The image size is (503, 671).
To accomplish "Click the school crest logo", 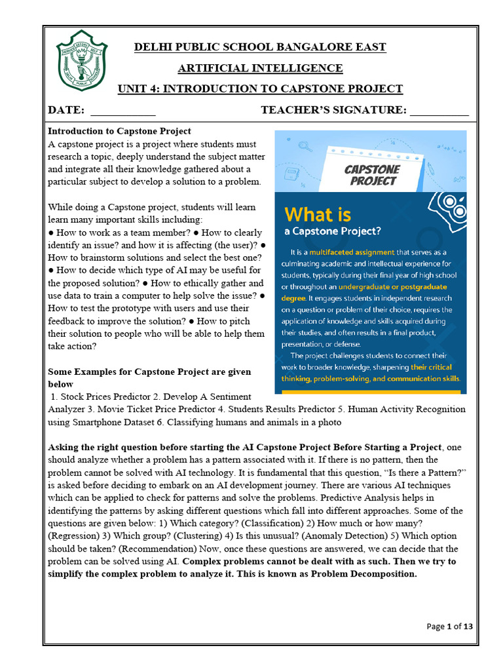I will point(82,60).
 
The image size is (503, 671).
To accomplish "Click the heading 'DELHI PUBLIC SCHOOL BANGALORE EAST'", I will point(260,47).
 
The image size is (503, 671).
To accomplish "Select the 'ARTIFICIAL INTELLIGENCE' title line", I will point(260,68).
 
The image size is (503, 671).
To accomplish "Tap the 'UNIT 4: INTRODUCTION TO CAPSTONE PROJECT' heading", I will point(260,89).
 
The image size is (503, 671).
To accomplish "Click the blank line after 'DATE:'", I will point(122,111).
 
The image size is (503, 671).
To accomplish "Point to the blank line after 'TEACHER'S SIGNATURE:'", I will point(439,111).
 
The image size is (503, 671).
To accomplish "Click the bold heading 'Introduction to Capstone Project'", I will point(119,131).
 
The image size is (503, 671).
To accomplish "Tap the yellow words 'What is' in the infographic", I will point(318,214).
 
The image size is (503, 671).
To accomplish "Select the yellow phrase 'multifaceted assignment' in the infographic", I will point(357,252).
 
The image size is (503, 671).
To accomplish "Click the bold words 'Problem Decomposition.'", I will point(364,573).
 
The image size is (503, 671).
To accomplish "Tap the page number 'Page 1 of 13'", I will point(450,626).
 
